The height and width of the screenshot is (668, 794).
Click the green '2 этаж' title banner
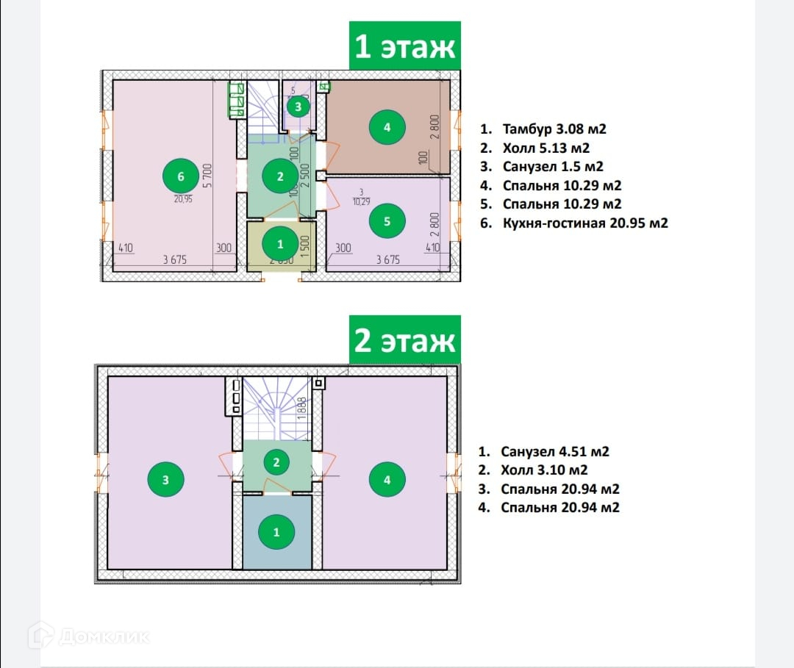pos(405,341)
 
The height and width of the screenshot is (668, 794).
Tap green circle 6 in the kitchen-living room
pos(181,176)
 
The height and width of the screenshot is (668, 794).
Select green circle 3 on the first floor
pos(298,107)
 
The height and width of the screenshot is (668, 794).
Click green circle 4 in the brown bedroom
pos(387,127)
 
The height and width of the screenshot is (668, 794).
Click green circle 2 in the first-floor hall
pos(280,176)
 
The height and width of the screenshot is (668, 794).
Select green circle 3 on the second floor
pos(166,480)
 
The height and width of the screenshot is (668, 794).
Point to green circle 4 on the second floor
pos(387,480)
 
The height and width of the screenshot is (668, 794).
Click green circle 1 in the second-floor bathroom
pos(276,532)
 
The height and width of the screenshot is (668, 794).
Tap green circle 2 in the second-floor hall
pos(276,462)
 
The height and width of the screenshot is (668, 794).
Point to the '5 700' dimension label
pos(209,176)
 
